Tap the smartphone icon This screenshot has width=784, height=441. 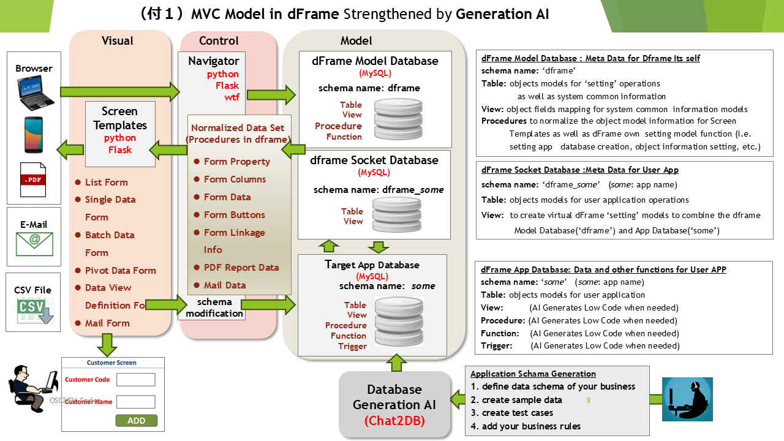[34, 135]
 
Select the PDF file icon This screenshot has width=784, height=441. [34, 179]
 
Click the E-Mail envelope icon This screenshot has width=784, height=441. [34, 243]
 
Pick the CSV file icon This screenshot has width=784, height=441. [35, 311]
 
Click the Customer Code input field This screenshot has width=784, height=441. [135, 380]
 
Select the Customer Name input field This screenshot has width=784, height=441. [135, 402]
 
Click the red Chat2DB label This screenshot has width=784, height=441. [394, 421]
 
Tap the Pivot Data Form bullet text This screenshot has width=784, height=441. [120, 270]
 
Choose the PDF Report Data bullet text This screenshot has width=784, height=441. [241, 267]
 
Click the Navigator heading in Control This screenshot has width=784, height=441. [213, 61]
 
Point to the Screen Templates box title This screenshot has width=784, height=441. [120, 118]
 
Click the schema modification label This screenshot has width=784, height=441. [214, 307]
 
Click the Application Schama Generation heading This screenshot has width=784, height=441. [533, 374]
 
